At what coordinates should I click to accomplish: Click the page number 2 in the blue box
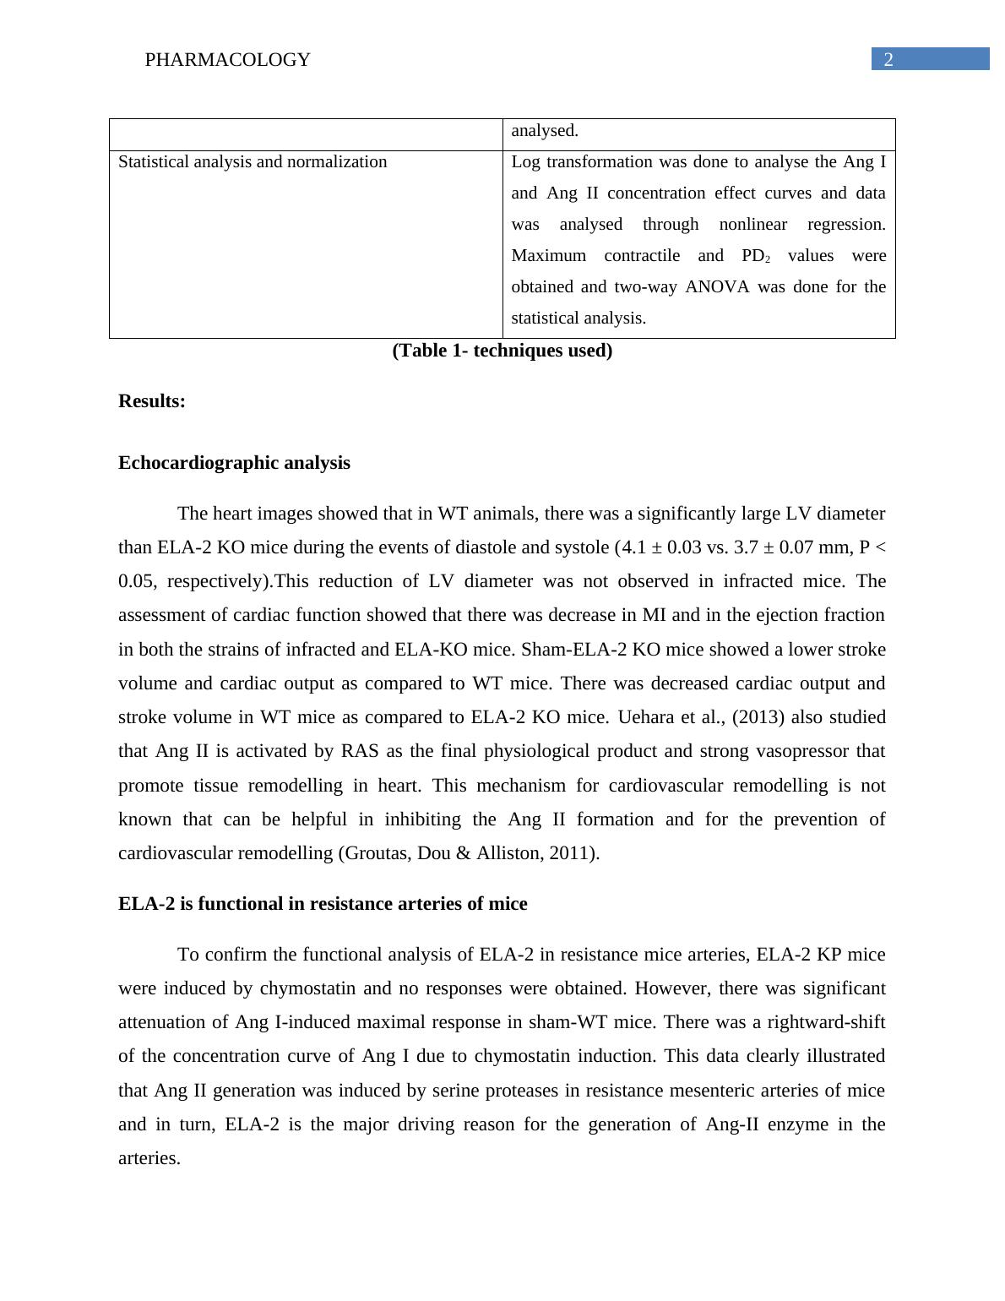click(x=888, y=59)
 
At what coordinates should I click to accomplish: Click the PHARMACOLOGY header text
click(x=227, y=60)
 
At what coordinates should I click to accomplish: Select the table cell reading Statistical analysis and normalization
click(x=253, y=161)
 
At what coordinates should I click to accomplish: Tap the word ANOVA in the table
click(x=717, y=286)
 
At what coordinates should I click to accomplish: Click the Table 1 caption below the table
click(x=502, y=351)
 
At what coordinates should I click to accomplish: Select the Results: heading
click(x=152, y=401)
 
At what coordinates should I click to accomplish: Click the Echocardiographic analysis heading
click(x=234, y=463)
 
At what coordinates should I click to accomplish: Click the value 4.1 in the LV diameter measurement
click(x=633, y=547)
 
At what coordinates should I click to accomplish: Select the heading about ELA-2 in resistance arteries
click(x=323, y=904)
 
